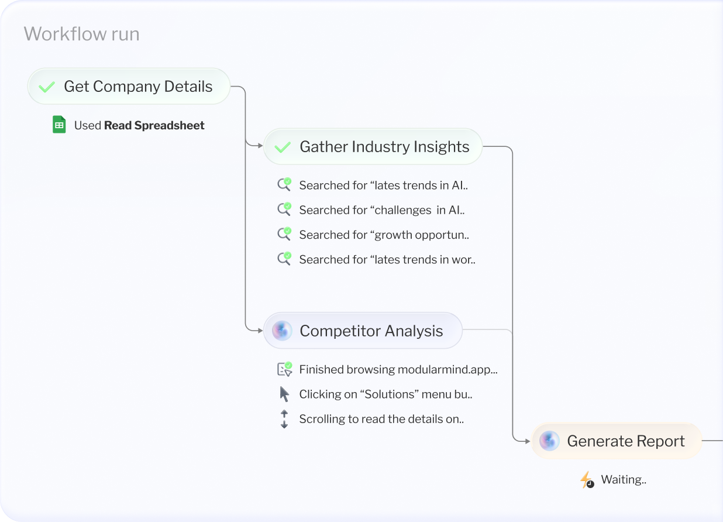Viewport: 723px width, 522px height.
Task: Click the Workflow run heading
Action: (x=81, y=34)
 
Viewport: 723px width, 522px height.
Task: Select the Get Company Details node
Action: (x=129, y=87)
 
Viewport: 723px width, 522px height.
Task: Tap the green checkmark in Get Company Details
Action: (x=46, y=87)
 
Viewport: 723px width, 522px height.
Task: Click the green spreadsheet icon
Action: (x=59, y=125)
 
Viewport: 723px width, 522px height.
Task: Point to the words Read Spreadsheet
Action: (x=154, y=125)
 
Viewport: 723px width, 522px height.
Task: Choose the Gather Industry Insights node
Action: (x=373, y=147)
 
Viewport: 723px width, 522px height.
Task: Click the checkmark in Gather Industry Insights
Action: (x=283, y=147)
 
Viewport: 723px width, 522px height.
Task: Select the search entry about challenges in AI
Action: (x=381, y=210)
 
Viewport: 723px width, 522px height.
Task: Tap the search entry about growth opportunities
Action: (x=384, y=235)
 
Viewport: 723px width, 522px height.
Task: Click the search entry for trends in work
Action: (x=387, y=259)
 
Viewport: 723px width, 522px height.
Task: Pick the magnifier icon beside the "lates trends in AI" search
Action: (x=284, y=185)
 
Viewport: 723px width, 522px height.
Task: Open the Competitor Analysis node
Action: (x=363, y=331)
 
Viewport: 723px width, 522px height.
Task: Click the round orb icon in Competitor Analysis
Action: (x=282, y=331)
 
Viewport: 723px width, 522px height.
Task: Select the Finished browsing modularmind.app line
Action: (x=398, y=369)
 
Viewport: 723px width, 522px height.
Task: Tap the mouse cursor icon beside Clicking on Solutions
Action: (x=284, y=394)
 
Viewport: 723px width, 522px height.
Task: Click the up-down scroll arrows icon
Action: (x=284, y=419)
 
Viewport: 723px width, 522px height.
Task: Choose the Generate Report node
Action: (x=617, y=441)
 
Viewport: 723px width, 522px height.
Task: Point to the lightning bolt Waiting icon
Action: (x=586, y=480)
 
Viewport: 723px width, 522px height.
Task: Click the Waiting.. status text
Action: (x=624, y=480)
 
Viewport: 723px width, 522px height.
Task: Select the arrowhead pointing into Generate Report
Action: (x=528, y=441)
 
